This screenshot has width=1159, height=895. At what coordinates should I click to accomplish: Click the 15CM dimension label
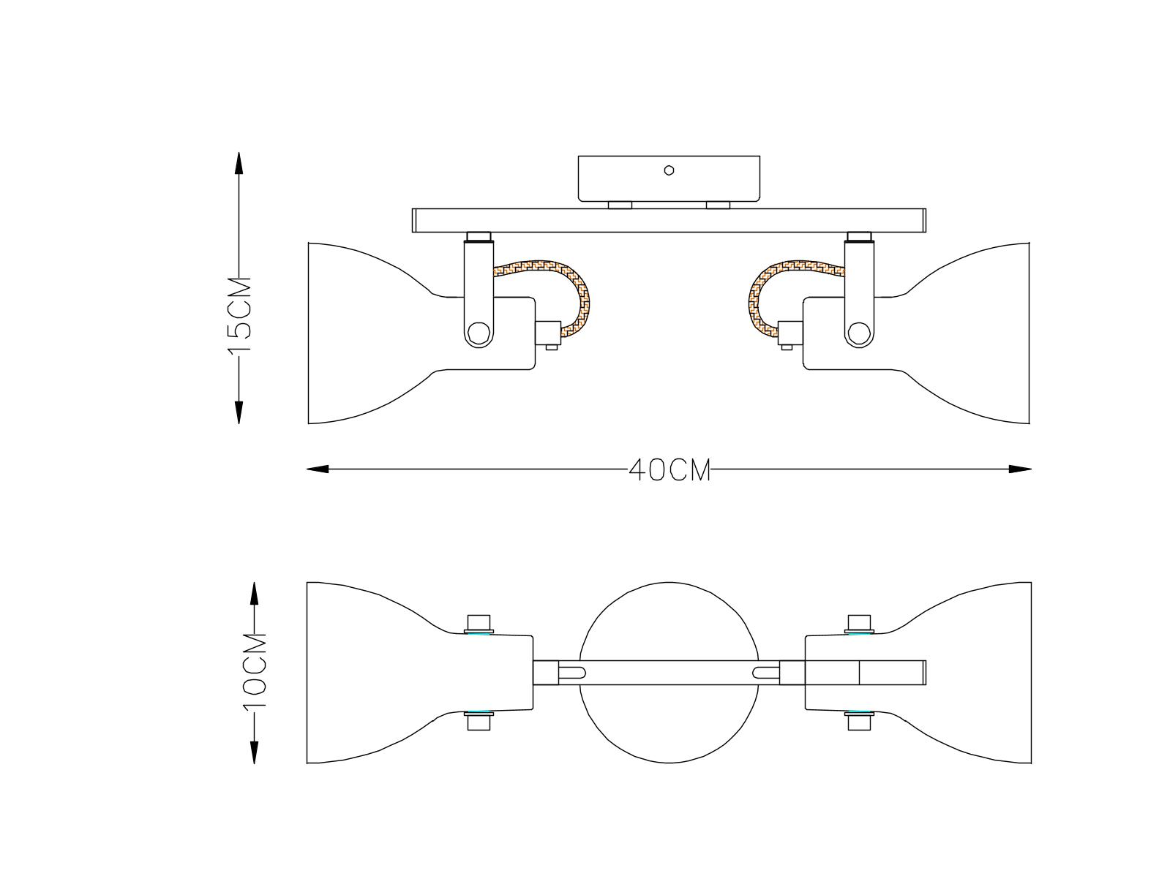pos(239,315)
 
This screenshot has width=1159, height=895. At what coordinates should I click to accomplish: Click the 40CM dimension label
pos(670,470)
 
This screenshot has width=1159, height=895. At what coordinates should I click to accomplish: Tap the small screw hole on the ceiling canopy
pos(669,170)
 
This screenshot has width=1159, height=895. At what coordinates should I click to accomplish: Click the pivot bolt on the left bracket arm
pos(479,333)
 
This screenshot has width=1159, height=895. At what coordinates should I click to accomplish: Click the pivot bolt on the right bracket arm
pos(859,333)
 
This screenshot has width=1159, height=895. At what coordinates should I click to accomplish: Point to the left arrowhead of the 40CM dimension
pos(318,469)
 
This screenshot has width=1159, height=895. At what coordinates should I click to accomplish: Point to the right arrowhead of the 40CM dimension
pos(1020,469)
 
